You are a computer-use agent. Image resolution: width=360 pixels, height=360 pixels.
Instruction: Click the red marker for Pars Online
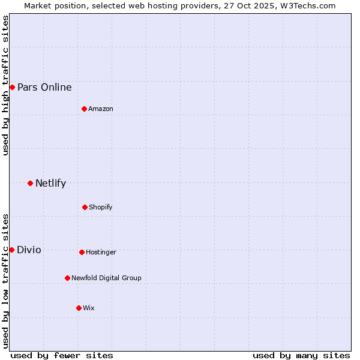tap(12, 87)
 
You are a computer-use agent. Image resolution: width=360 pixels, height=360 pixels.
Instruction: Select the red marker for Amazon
tap(85, 109)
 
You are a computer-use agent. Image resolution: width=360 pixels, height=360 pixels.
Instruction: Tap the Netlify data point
tap(30, 183)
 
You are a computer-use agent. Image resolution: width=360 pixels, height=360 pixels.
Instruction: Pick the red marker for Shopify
tap(85, 207)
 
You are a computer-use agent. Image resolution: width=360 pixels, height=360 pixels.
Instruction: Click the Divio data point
tap(11, 250)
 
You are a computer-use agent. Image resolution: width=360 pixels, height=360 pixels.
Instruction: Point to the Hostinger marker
tap(82, 252)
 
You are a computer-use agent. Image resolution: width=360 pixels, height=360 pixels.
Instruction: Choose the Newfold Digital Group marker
tap(67, 278)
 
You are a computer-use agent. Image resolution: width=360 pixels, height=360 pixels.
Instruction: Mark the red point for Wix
tap(79, 308)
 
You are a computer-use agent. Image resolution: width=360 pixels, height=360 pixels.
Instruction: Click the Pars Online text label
tap(44, 87)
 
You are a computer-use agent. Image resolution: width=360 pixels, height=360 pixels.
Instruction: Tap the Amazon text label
tap(101, 109)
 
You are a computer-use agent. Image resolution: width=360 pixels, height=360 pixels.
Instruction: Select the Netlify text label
tap(50, 183)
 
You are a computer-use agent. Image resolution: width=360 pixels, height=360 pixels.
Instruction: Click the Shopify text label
tap(101, 207)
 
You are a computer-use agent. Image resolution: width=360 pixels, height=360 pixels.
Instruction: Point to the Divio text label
tap(29, 250)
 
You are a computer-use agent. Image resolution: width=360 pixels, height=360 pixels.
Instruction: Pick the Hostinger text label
tap(101, 252)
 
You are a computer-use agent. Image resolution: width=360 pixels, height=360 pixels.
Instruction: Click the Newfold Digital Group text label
tap(106, 278)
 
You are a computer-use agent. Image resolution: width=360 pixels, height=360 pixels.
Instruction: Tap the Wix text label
tap(89, 308)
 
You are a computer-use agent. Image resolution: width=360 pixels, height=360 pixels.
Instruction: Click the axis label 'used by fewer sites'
tap(62, 355)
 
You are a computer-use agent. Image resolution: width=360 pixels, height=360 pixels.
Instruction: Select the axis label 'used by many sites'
tap(301, 355)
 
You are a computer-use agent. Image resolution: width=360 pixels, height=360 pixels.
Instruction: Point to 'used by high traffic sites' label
tap(5, 85)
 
